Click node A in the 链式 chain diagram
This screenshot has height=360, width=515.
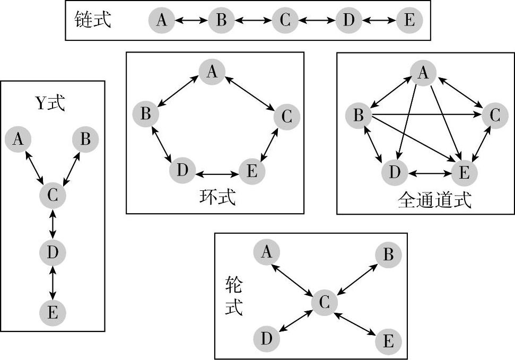(x=162, y=20)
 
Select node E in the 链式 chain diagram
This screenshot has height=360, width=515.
(x=409, y=20)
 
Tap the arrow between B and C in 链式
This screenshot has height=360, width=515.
(x=253, y=21)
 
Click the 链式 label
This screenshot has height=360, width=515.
(x=93, y=20)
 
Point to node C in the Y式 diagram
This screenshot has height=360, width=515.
(x=52, y=196)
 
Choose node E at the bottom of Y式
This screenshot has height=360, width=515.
(x=52, y=312)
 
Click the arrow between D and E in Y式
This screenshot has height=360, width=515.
(x=52, y=283)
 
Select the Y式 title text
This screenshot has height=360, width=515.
(x=50, y=103)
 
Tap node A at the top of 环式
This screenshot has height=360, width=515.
(x=212, y=72)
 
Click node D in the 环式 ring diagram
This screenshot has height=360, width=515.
(x=182, y=171)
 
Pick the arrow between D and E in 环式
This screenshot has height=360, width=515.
(x=217, y=173)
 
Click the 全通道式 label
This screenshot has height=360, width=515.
(x=434, y=200)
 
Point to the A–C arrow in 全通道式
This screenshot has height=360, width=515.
(x=459, y=93)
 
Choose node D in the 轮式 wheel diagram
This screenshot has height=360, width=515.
(x=267, y=338)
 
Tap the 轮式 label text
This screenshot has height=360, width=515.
(x=233, y=297)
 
